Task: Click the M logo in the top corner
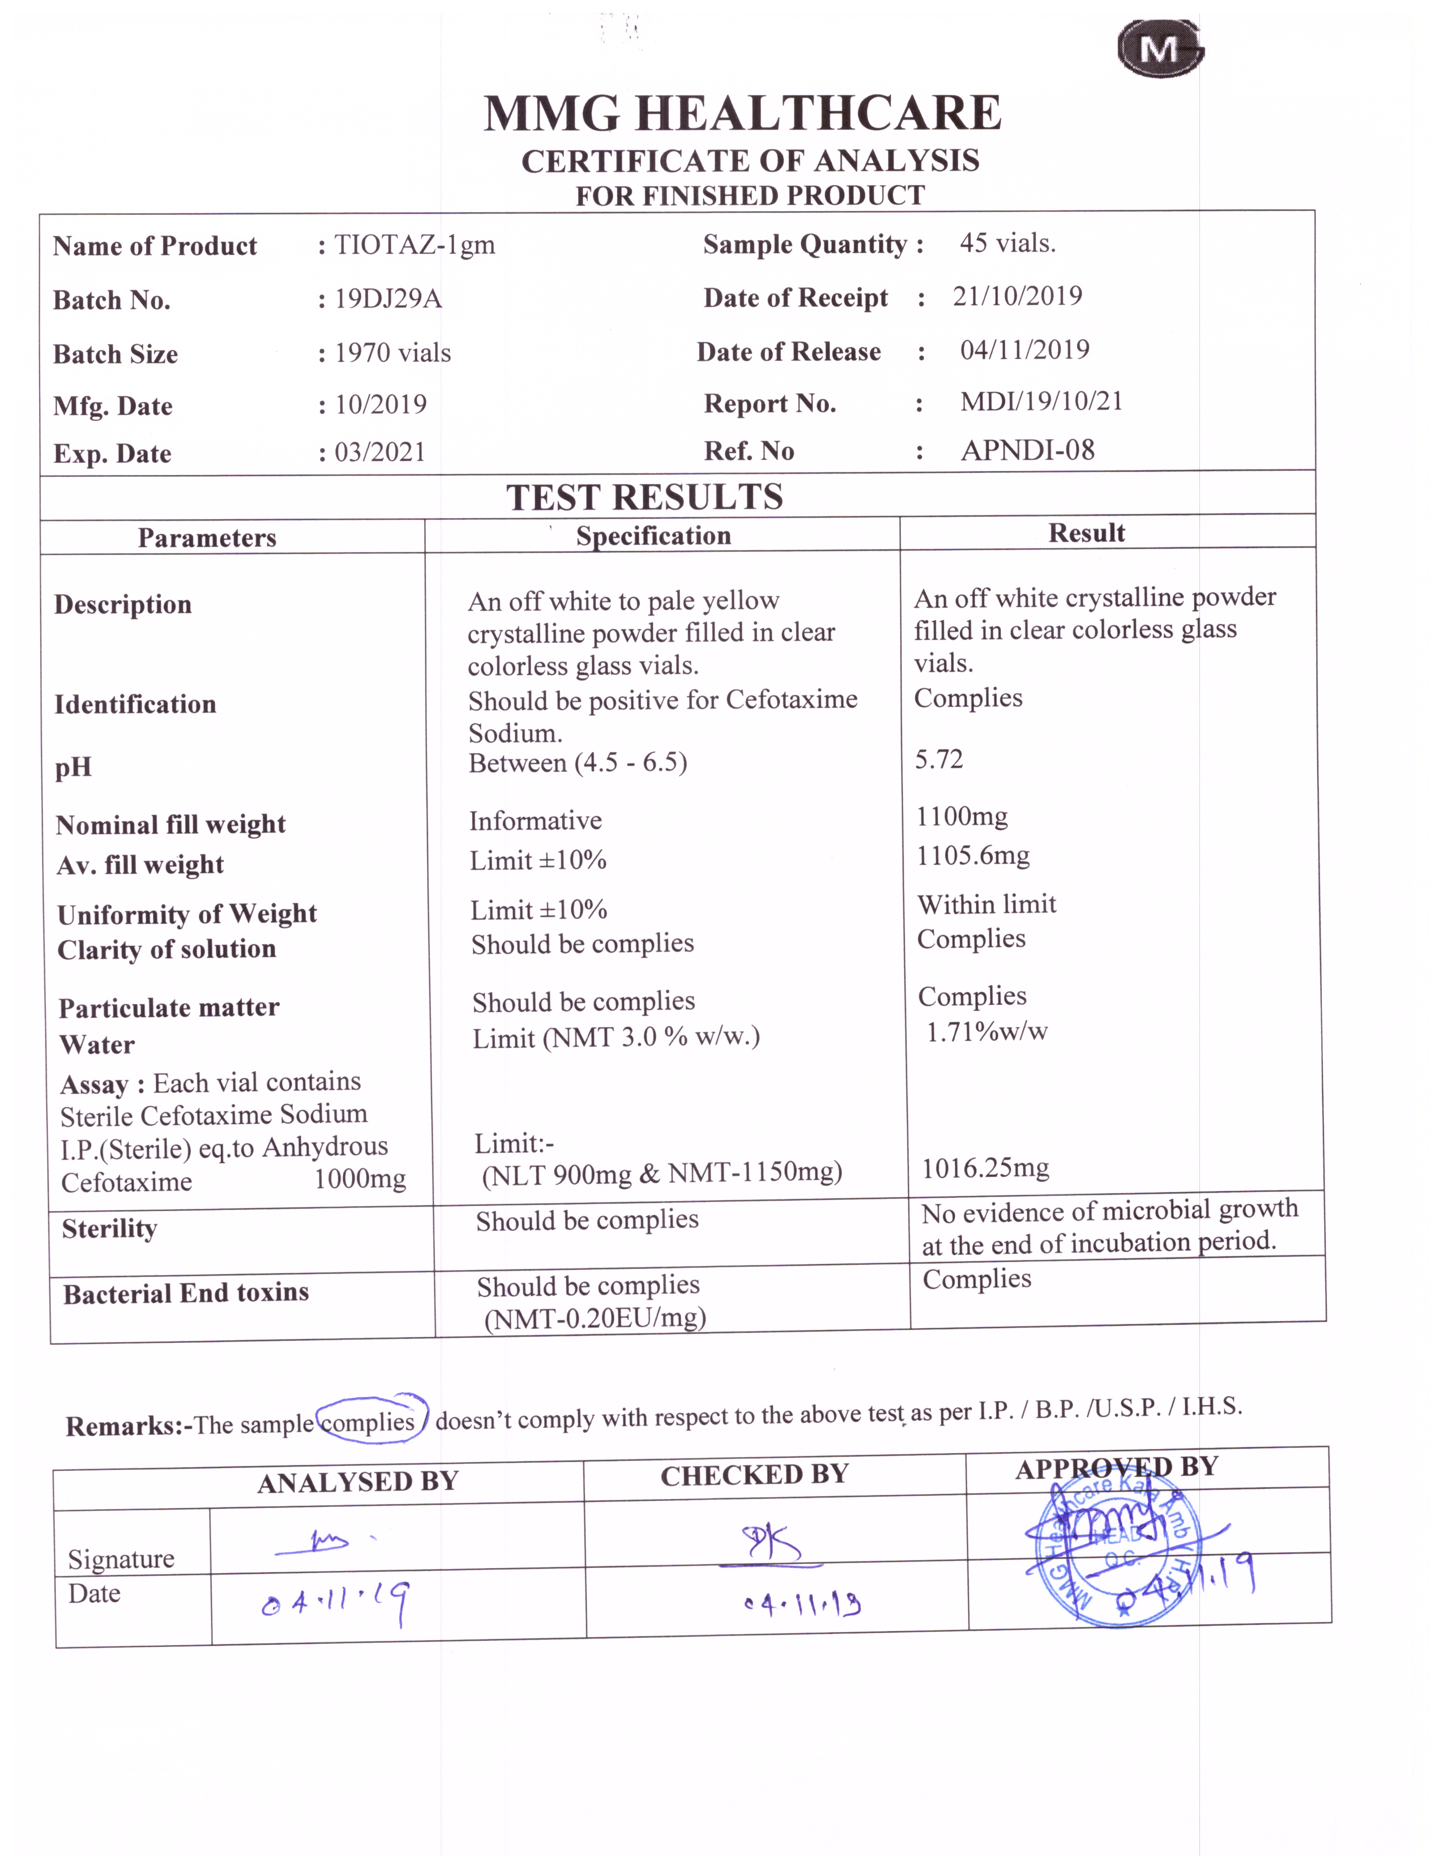[1159, 50]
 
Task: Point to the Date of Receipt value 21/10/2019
[1017, 296]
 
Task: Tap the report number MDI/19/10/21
[1040, 402]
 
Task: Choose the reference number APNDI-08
[1027, 450]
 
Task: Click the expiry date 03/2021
[380, 452]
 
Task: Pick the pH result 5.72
[938, 759]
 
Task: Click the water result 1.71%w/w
[986, 1031]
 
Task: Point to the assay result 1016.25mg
[985, 1168]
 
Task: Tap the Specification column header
[653, 536]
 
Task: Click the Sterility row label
[109, 1229]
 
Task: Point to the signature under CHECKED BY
[771, 1544]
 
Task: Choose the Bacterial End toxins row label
[186, 1293]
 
